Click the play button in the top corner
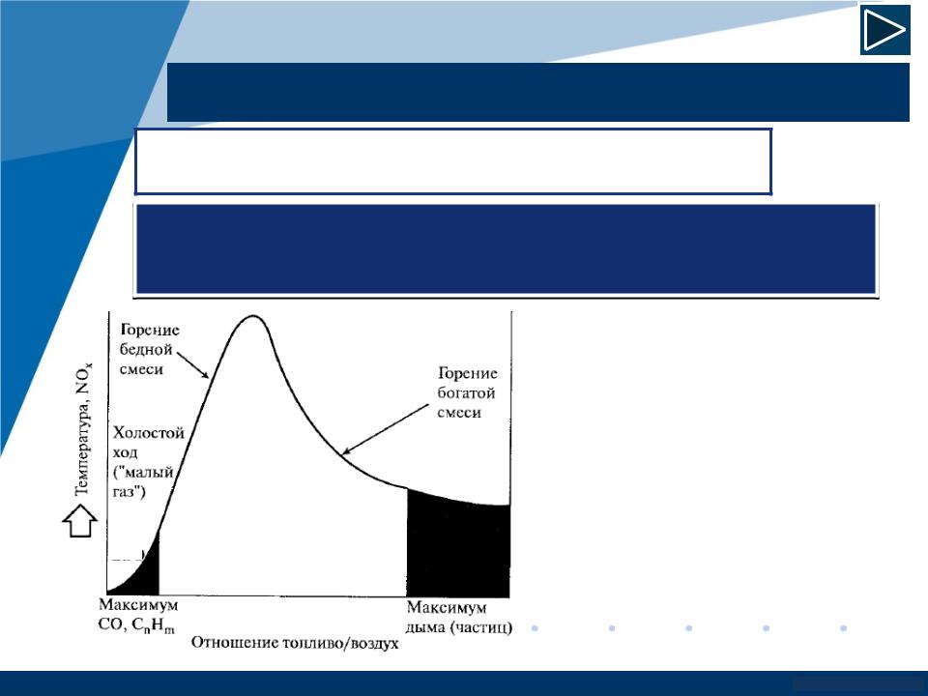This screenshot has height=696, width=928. [884, 30]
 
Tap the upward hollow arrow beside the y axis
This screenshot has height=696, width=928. [80, 521]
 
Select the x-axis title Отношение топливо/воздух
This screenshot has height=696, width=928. [295, 643]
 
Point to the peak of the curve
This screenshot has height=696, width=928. [253, 316]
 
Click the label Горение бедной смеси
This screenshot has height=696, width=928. [150, 349]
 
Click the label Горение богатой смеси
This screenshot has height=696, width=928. [467, 392]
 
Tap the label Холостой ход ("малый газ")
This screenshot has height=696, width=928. [148, 462]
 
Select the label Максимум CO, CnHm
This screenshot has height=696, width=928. [137, 616]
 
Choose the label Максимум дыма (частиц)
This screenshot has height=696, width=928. [459, 618]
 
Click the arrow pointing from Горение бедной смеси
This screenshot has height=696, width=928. [193, 365]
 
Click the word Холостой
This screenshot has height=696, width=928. [149, 433]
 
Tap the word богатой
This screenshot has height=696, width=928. [466, 392]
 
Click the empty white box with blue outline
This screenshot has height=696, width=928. [453, 161]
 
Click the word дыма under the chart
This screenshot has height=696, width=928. [425, 627]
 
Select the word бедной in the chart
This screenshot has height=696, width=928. [146, 349]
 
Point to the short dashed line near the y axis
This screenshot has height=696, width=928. [127, 559]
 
